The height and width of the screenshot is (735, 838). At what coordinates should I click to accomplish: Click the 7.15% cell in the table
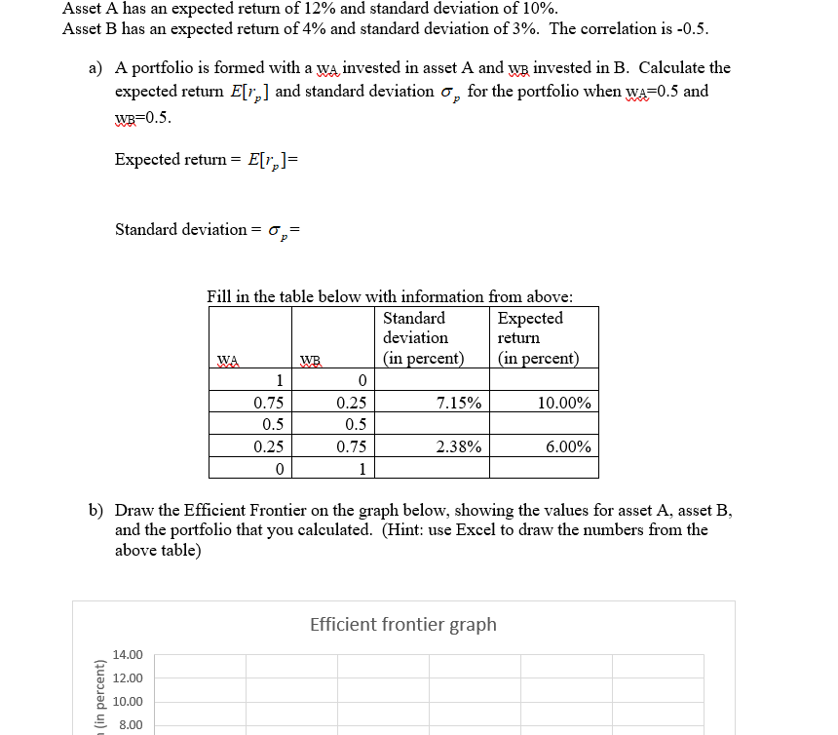tap(458, 403)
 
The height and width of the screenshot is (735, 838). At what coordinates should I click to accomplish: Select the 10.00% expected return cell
tap(564, 403)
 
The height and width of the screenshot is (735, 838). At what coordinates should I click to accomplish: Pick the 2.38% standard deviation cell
tap(458, 447)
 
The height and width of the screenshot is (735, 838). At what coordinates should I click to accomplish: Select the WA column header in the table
tap(227, 359)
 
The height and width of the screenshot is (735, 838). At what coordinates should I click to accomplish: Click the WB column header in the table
tap(310, 359)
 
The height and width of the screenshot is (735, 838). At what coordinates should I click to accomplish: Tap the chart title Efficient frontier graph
tap(402, 624)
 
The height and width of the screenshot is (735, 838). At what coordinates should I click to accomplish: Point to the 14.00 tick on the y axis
tap(128, 655)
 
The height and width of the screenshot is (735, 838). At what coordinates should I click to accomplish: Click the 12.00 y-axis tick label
tap(128, 678)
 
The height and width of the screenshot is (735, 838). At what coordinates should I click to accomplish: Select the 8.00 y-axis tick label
tap(131, 725)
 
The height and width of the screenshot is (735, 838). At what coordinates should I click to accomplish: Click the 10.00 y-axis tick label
tap(128, 702)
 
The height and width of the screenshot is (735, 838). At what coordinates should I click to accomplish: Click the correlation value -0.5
tap(692, 28)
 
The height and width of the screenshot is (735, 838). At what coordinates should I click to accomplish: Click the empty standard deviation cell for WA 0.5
tap(432, 425)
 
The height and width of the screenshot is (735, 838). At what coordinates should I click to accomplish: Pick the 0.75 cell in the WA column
tap(268, 403)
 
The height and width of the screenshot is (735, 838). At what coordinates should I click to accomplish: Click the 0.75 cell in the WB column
tap(351, 447)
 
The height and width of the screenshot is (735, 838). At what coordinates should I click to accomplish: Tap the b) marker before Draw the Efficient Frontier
tap(96, 510)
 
